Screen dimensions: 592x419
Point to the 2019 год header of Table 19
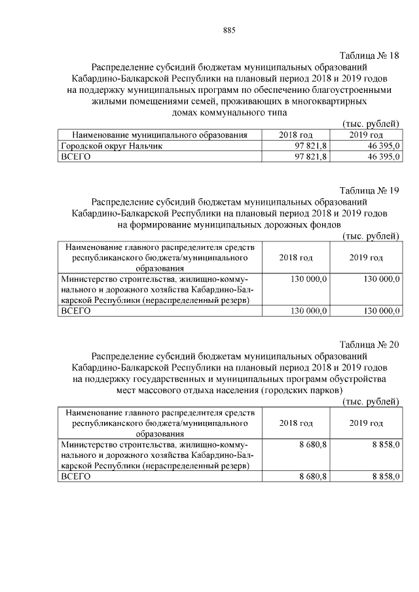[366, 258]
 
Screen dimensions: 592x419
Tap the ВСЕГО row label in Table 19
[75, 311]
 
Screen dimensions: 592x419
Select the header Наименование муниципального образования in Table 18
[155, 135]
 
